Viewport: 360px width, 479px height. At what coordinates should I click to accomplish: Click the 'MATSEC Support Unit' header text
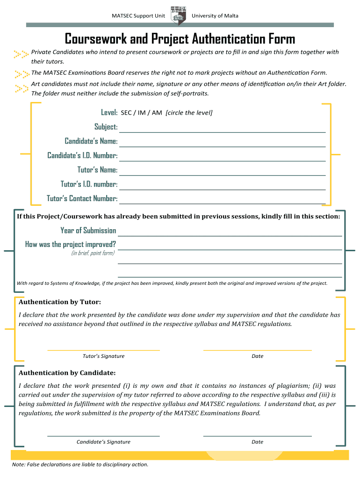coord(138,16)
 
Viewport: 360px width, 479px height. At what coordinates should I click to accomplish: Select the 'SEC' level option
coord(126,113)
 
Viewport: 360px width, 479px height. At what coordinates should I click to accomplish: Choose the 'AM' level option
coord(157,113)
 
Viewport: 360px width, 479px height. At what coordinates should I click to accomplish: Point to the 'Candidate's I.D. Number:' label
coord(82,155)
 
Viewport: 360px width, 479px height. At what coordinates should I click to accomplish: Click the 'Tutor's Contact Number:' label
coord(82,198)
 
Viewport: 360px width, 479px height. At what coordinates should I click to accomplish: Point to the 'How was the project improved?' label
coord(71,244)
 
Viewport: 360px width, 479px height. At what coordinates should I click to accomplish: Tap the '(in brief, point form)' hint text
coord(93,253)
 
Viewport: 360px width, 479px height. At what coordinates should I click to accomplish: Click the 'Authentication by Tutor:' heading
coord(59,302)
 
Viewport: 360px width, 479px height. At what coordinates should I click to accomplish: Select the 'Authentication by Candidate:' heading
coord(67,373)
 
